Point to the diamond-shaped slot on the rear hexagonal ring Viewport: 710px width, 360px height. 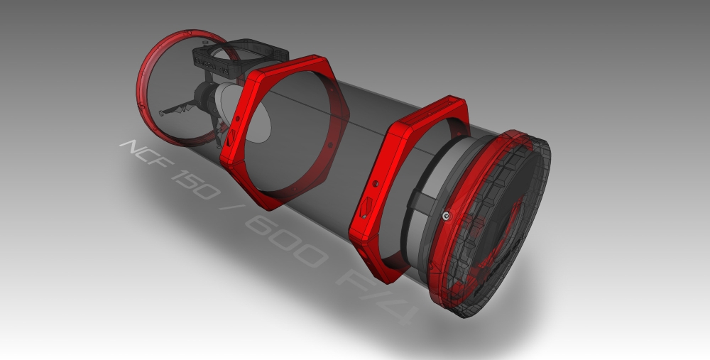point(367,207)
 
